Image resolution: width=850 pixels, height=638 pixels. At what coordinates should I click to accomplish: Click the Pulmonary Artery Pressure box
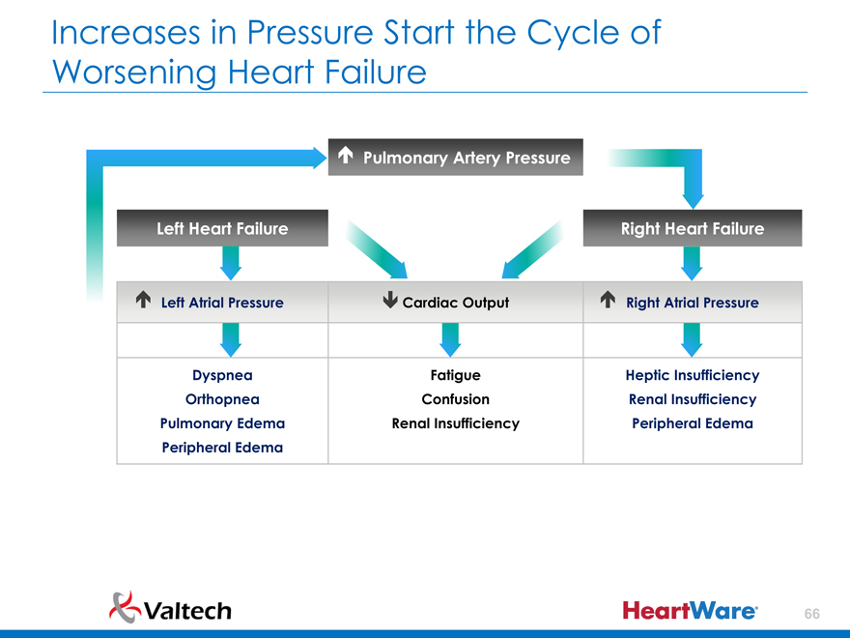click(456, 157)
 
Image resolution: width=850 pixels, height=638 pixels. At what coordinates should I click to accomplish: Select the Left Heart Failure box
click(222, 228)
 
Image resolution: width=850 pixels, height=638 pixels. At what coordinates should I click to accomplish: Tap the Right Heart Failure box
click(692, 228)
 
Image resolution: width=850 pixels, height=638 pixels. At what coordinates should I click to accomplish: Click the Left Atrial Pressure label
click(222, 303)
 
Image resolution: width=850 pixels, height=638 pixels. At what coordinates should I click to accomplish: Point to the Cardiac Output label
click(455, 303)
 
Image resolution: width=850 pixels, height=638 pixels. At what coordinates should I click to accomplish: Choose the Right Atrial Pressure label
click(692, 303)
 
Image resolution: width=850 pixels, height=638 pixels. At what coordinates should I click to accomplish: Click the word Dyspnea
click(222, 375)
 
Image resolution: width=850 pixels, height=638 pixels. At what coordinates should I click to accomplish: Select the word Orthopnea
click(222, 399)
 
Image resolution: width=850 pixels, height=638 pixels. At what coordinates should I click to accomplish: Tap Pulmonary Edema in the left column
click(222, 423)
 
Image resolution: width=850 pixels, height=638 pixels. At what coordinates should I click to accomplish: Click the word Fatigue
click(455, 375)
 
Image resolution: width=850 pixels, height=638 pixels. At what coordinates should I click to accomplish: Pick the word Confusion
click(455, 399)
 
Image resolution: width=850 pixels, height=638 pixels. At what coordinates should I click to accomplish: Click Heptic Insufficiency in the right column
click(692, 375)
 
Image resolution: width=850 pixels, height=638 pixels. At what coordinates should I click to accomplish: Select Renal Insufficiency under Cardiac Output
click(455, 423)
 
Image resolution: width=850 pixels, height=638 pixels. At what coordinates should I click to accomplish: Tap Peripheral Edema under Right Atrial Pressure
click(692, 423)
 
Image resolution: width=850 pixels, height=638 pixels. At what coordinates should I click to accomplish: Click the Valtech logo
click(171, 608)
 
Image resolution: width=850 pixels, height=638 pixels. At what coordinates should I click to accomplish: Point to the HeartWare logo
click(690, 610)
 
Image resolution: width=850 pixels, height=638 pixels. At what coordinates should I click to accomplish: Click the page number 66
click(811, 614)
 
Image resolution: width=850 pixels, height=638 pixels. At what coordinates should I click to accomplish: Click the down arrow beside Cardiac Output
click(389, 302)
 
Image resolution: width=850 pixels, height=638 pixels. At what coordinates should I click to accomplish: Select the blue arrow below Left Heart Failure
click(230, 262)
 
